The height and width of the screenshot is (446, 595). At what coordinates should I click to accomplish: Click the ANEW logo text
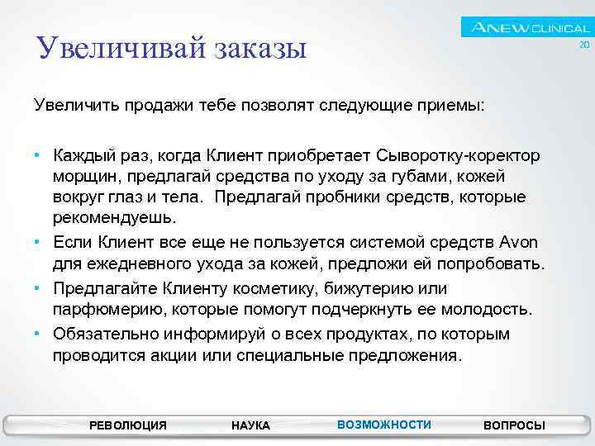pyautogui.click(x=501, y=28)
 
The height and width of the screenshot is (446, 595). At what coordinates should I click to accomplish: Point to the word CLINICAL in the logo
pyautogui.click(x=560, y=29)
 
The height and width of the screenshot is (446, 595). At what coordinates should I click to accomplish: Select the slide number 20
pyautogui.click(x=583, y=45)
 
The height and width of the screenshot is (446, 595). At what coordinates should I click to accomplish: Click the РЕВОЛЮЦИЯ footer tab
pyautogui.click(x=127, y=425)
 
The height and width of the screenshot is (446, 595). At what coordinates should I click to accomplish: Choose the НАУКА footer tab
pyautogui.click(x=250, y=425)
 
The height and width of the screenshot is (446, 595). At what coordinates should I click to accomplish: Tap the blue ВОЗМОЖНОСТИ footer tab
pyautogui.click(x=384, y=425)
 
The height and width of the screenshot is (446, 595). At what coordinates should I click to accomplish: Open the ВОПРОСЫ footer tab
pyautogui.click(x=514, y=425)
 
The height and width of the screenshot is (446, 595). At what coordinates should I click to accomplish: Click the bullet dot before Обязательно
pyautogui.click(x=38, y=334)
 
